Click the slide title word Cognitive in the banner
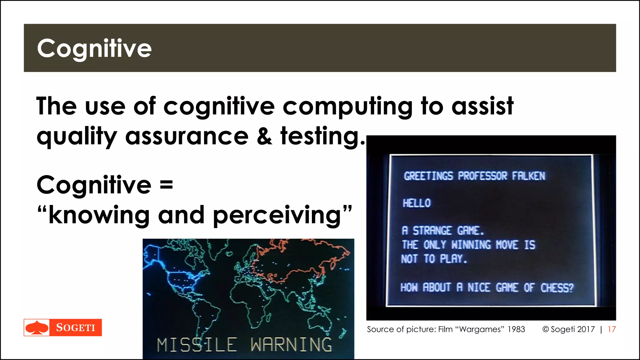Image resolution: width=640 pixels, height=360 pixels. point(94,48)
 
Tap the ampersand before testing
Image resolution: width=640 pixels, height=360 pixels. point(264,137)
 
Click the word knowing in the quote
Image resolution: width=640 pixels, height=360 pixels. point(99,216)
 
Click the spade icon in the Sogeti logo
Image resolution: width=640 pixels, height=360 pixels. point(37,327)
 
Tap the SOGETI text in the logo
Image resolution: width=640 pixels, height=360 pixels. point(76,327)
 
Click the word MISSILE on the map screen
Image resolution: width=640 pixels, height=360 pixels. point(197,345)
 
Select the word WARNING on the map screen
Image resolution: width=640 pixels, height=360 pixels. point(291,345)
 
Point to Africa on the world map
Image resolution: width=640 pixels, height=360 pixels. point(252,302)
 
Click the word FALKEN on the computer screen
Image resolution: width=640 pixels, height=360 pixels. point(528,176)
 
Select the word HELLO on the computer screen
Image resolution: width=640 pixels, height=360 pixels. point(417,203)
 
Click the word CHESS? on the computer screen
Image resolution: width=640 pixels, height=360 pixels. point(557,287)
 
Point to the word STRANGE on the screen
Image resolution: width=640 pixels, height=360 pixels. point(432,231)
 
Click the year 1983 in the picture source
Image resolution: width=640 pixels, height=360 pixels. point(516,329)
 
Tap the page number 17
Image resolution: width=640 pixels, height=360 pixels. point(612,329)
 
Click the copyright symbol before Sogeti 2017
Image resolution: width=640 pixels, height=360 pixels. point(546,329)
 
